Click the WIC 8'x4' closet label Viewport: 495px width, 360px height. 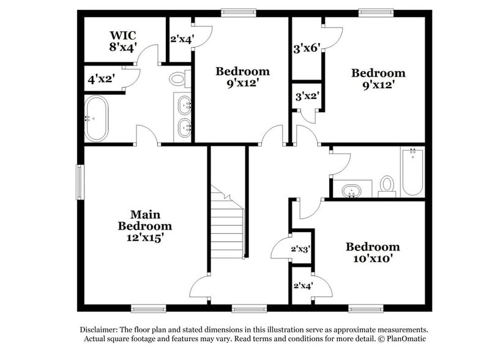click(123, 40)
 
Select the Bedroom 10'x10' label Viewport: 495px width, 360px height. click(373, 252)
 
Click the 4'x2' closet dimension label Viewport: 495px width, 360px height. click(102, 79)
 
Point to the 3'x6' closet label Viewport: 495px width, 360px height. click(307, 48)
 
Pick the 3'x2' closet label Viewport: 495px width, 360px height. click(307, 96)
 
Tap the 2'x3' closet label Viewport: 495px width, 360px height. click(301, 249)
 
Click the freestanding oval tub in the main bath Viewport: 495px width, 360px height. click(96, 118)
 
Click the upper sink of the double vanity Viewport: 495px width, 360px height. click(185, 106)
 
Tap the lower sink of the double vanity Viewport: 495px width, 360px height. click(185, 129)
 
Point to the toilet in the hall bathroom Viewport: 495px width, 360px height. click(387, 184)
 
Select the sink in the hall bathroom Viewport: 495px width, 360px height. click(352, 190)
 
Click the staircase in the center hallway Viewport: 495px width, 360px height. click(228, 223)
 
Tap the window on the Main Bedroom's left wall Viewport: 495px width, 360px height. click(80, 182)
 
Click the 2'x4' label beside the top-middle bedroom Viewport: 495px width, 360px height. click(182, 40)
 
